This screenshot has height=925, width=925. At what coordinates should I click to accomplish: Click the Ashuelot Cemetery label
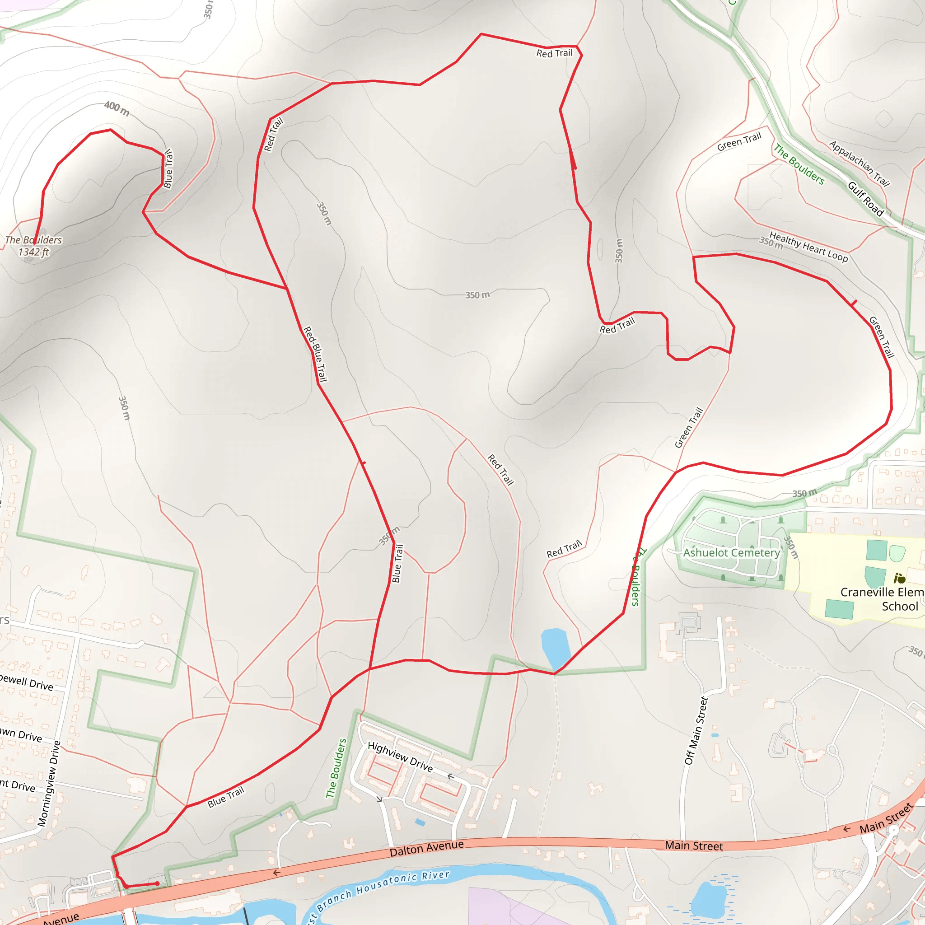tap(731, 552)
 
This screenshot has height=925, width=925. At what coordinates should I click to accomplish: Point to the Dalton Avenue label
tap(426, 848)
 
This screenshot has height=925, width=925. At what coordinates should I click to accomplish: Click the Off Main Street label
tap(696, 731)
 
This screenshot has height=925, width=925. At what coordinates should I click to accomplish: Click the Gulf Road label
tap(866, 199)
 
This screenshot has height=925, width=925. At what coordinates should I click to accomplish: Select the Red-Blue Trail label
tap(316, 354)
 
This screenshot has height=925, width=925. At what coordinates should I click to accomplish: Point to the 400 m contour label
tap(117, 109)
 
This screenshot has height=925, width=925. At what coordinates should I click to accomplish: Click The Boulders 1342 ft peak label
tap(33, 246)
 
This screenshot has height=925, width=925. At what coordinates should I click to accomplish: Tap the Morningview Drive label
tap(49, 783)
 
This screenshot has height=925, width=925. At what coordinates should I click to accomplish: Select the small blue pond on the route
tap(556, 648)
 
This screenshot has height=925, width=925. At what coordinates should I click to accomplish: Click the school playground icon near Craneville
tap(900, 579)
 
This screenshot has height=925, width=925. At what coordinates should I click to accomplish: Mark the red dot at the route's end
tap(157, 884)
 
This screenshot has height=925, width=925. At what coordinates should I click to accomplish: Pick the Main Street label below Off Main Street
tap(694, 846)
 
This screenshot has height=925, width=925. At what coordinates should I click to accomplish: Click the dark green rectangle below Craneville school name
tap(839, 609)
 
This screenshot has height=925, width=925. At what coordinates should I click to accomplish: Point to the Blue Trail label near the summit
tap(168, 168)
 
